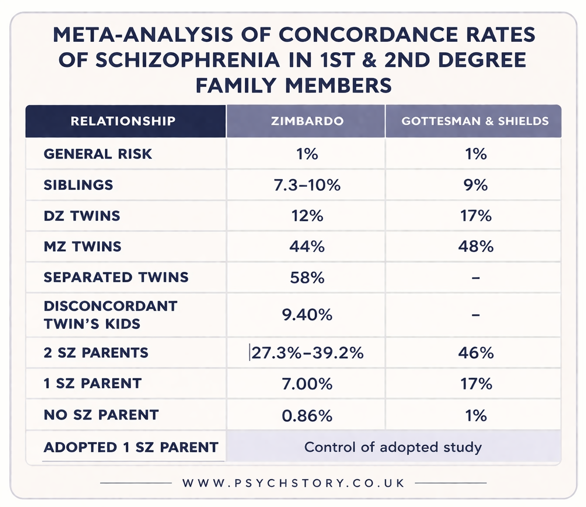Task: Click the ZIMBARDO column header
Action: tap(307, 121)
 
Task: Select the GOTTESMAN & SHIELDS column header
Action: tap(475, 121)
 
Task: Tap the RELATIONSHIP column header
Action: tap(123, 121)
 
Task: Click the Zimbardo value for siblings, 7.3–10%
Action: tap(307, 185)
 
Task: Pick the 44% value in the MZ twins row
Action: tap(307, 247)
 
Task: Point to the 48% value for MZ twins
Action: tap(476, 247)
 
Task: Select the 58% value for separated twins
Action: tap(307, 277)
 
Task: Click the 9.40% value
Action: tap(307, 315)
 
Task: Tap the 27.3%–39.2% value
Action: tap(307, 353)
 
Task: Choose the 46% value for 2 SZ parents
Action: tap(476, 353)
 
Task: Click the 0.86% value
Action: tap(307, 416)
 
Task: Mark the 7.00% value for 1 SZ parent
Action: tap(307, 384)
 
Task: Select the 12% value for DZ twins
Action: tap(307, 216)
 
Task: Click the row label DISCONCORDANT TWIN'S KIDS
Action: tap(110, 315)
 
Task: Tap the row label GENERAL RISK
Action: tap(98, 154)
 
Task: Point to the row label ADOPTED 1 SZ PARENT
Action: tap(131, 447)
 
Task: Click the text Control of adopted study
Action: tap(393, 447)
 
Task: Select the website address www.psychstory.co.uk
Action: tap(294, 483)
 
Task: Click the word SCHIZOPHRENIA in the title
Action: tap(188, 60)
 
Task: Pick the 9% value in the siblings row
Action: tap(476, 185)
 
